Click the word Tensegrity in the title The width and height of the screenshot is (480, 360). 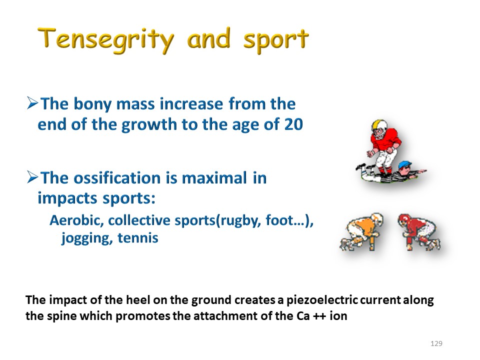(105, 40)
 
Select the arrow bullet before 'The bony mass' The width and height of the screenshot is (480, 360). (32, 103)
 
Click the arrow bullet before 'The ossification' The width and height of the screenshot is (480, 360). (32, 177)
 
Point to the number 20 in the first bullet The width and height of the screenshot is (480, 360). (293, 124)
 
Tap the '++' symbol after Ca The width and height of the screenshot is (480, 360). (319, 316)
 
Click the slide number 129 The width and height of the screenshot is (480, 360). (436, 343)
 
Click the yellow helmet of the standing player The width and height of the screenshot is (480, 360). (379, 125)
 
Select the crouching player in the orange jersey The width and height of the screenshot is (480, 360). (362, 231)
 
